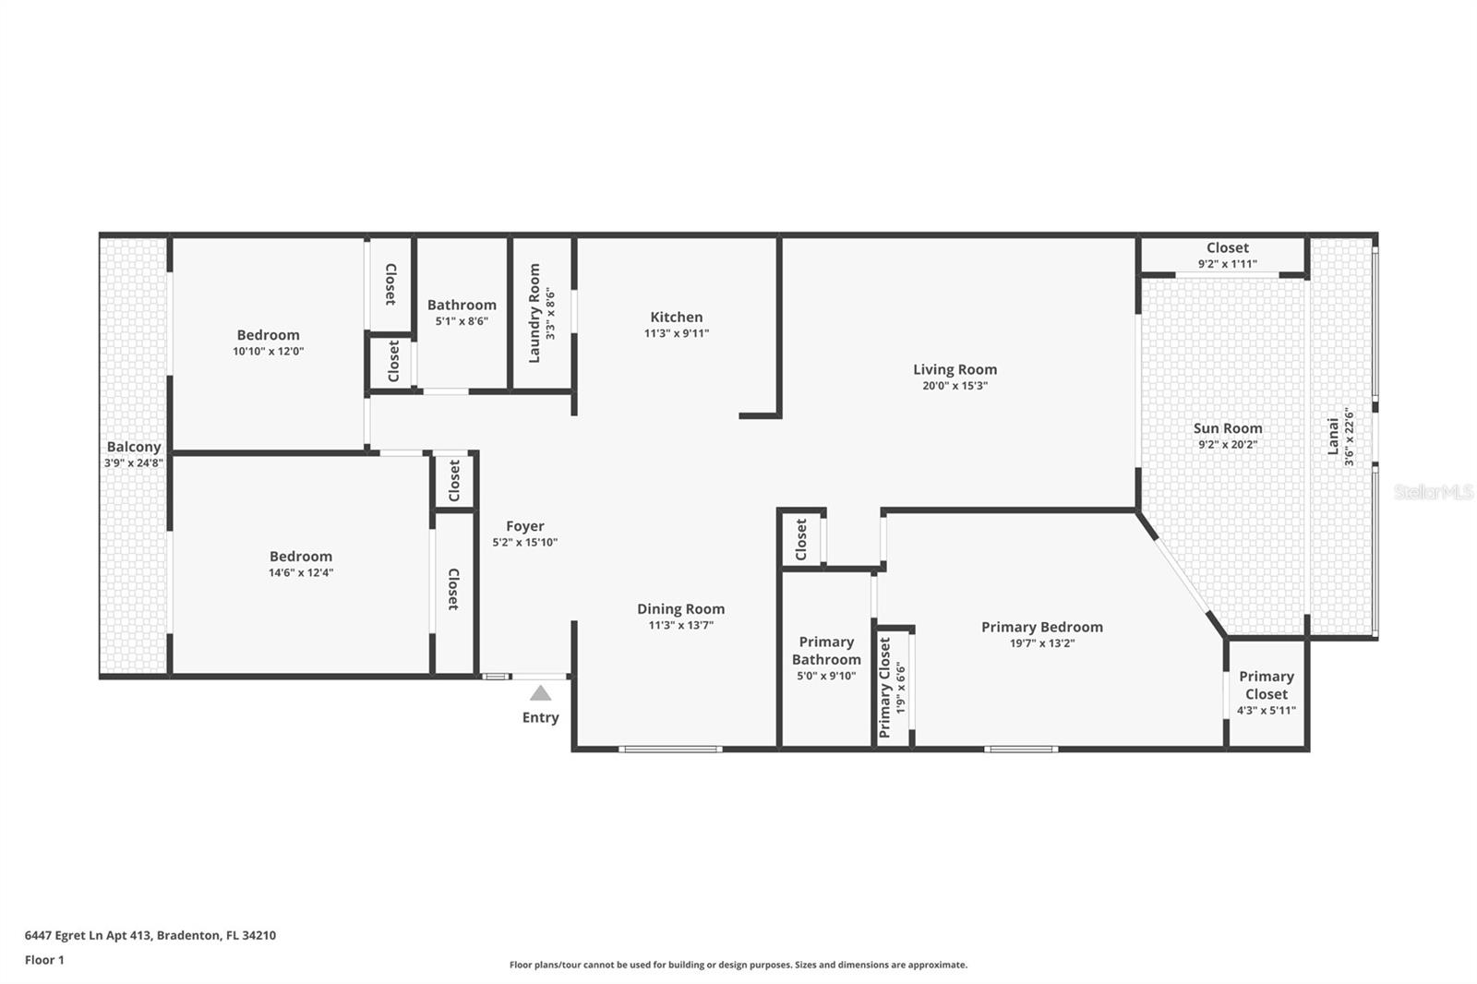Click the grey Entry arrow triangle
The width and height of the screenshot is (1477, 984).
click(541, 693)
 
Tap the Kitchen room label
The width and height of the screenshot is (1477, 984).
click(676, 317)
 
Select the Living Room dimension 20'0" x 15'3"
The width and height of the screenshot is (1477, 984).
click(955, 386)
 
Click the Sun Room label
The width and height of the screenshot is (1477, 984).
click(1227, 428)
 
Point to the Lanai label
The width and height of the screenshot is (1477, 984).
click(1333, 436)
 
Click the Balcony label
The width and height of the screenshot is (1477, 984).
click(134, 447)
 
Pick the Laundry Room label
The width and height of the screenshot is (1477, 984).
click(534, 314)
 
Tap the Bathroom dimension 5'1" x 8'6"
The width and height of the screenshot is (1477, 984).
click(462, 321)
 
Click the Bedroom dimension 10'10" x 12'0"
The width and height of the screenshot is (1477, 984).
click(268, 352)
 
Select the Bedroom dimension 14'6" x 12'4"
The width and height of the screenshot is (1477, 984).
click(301, 572)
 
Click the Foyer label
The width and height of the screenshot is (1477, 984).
click(524, 526)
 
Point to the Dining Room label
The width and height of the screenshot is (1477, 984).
click(680, 608)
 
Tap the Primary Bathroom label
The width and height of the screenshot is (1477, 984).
click(826, 651)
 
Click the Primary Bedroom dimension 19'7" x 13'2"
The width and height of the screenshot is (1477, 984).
click(1042, 643)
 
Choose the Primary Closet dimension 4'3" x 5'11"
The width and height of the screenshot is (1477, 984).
click(1266, 711)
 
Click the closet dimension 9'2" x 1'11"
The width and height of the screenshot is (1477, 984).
click(1227, 264)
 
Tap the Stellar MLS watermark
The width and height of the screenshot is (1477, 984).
click(1434, 492)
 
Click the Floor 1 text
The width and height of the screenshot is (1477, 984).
click(44, 960)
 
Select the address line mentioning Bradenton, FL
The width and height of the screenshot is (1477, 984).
click(150, 935)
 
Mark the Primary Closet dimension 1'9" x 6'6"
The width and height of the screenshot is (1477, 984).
click(901, 688)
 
